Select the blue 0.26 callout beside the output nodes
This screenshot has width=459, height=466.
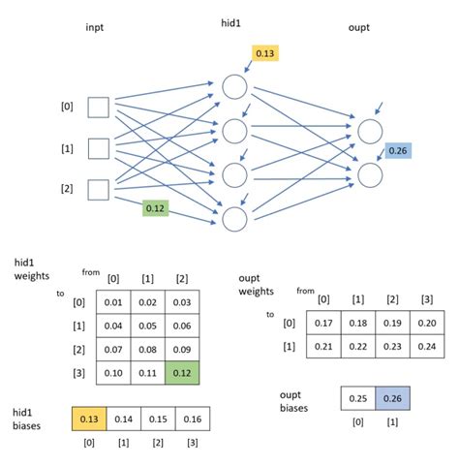tap(397, 150)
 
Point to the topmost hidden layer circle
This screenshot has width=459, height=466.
tap(234, 87)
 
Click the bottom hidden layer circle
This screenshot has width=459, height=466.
tap(234, 219)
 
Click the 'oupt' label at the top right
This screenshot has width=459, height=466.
tap(359, 27)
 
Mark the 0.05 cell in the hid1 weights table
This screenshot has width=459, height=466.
tap(146, 326)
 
